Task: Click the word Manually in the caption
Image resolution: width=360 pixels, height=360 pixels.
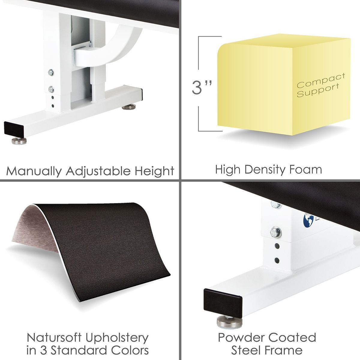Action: [x=34, y=171]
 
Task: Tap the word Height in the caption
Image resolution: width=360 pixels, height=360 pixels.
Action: [x=154, y=171]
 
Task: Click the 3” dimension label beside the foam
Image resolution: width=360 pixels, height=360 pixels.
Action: [x=202, y=87]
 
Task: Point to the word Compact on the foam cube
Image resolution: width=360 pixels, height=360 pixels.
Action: [x=321, y=80]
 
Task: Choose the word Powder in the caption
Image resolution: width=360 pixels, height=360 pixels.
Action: [x=241, y=337]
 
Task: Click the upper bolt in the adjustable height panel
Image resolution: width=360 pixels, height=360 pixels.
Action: [x=51, y=72]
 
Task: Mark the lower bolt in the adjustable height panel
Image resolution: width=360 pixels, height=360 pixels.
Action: [x=51, y=89]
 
